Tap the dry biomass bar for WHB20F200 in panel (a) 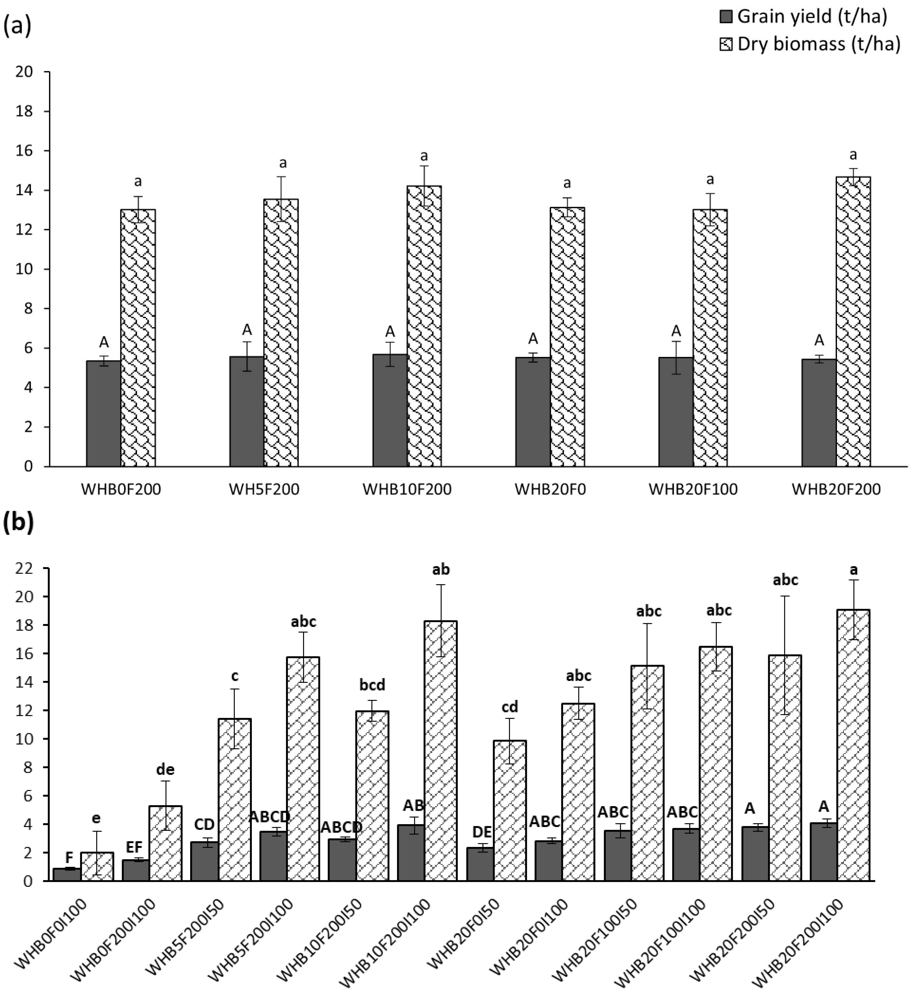pyautogui.click(x=853, y=321)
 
